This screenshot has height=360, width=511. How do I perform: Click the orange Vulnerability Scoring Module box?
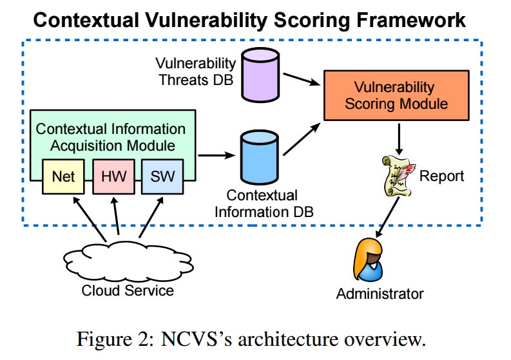point(385,95)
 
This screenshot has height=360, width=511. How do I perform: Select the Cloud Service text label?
point(127,290)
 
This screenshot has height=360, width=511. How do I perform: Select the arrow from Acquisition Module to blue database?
point(216,155)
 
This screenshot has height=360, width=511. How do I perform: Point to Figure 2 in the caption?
point(168,339)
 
